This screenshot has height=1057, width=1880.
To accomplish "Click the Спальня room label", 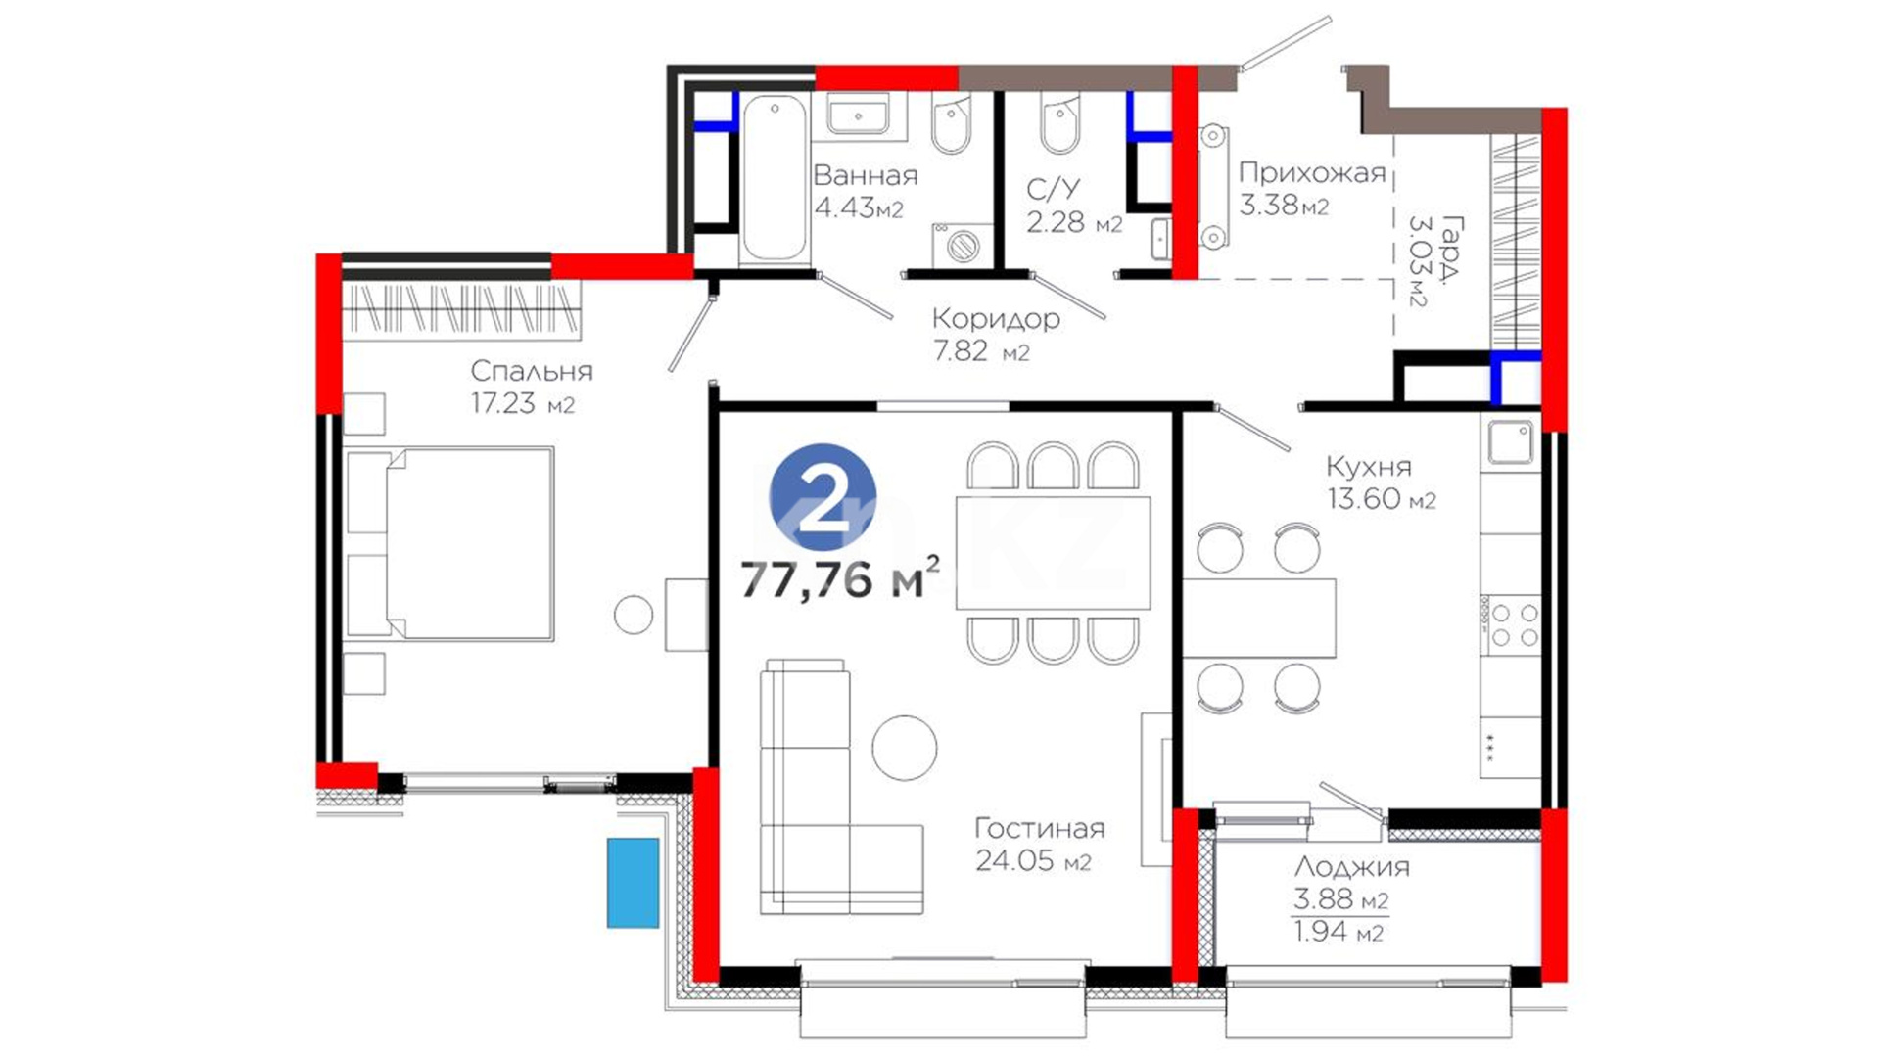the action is tap(532, 371).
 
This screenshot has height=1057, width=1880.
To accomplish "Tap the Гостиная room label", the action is tap(1040, 829).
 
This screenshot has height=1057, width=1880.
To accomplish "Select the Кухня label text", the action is tap(1369, 467).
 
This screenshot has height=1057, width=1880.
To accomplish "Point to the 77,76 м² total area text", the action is tap(839, 577).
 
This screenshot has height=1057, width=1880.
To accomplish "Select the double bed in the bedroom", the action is tap(450, 543).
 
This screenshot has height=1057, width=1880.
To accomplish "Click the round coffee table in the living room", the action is tap(905, 748).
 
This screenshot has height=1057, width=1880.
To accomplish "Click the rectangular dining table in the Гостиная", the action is tap(1053, 553).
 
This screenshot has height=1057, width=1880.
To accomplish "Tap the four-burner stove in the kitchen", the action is tap(1510, 624).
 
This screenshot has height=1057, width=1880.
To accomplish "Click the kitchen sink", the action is tap(1511, 442).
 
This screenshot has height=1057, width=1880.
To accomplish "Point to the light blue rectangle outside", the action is tap(633, 882).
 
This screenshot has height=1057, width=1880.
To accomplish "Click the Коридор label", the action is tap(996, 318).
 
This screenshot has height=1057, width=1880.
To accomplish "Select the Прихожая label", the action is tap(1312, 173).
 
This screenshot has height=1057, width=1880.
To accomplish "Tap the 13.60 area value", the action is tap(1364, 498).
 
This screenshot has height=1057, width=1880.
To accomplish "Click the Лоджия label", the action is tap(1352, 867).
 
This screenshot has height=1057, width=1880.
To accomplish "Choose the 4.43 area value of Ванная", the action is tap(844, 207).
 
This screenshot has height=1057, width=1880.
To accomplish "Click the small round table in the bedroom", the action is tap(634, 615).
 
